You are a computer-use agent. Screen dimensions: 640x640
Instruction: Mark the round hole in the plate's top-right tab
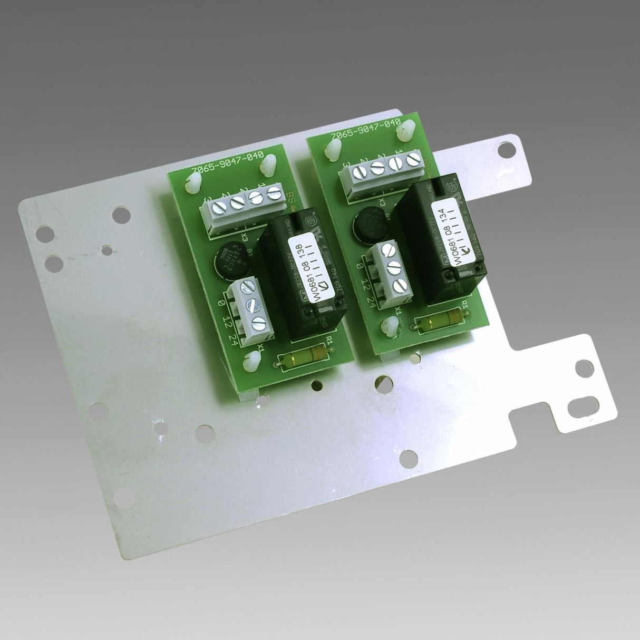click(x=507, y=150)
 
